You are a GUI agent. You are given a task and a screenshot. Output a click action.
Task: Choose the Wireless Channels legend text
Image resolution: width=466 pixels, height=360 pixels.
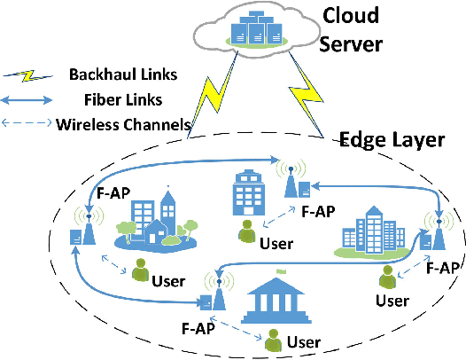click(123, 124)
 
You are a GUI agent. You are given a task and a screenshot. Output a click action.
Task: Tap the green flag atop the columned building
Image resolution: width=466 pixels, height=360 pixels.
click(281, 273)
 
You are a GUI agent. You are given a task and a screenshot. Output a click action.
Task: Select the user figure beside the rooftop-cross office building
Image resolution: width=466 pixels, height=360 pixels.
click(247, 232)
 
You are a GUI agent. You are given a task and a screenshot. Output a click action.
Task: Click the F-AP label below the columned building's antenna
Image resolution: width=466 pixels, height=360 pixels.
click(199, 328)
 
